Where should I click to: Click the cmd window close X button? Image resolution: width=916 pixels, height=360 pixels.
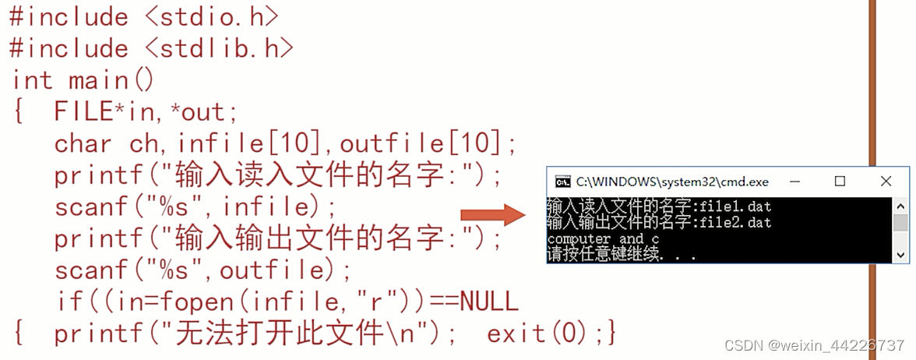(886, 182)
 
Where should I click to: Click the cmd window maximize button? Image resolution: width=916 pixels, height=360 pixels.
(840, 182)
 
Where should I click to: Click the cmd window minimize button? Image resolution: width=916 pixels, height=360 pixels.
(794, 182)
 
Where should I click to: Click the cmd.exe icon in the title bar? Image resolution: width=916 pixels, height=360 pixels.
(562, 182)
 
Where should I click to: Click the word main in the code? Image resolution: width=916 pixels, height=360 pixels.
(98, 79)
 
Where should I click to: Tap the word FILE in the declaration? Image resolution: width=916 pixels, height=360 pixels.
(83, 111)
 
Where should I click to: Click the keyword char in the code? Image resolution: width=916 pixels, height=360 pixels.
(83, 143)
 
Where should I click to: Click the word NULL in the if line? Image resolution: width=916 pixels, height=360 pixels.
(488, 301)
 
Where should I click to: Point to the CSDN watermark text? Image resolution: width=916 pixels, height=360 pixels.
(813, 344)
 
